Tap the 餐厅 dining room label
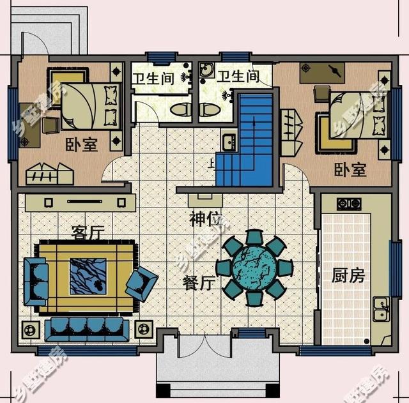[x=197, y=283]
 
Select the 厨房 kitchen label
[x=348, y=277]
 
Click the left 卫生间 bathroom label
[x=153, y=78]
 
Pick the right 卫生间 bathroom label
[x=238, y=77]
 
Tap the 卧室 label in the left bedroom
[x=81, y=145]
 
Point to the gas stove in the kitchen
[x=349, y=204]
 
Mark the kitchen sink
[x=381, y=311]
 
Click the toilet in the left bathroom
[x=181, y=110]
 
